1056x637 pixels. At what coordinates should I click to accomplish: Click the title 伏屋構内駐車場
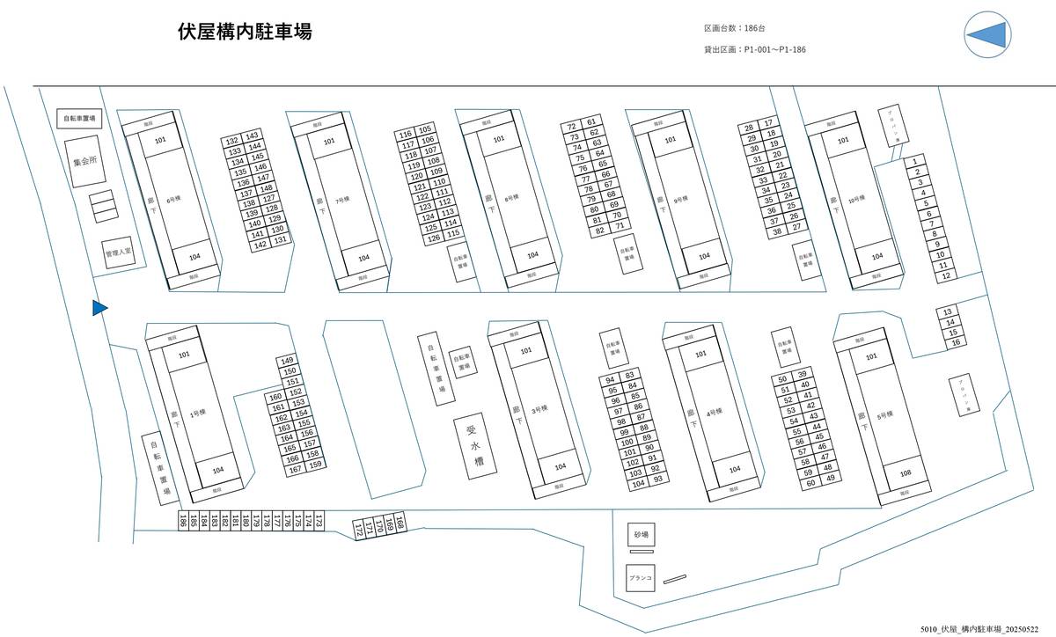[x=245, y=33]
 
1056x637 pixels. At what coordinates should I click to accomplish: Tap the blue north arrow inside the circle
[x=987, y=34]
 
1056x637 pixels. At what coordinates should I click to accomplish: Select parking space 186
[x=182, y=522]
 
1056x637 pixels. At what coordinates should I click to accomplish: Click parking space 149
[x=288, y=362]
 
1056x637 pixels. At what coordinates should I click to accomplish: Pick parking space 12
[x=945, y=276]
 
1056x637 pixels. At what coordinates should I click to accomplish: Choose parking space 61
[x=592, y=122]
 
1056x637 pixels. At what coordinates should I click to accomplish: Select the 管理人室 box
[x=118, y=253]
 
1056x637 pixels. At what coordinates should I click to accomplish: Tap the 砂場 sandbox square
[x=641, y=534]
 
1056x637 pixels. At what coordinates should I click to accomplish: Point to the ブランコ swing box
[x=640, y=578]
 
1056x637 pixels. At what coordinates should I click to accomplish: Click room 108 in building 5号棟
[x=906, y=474]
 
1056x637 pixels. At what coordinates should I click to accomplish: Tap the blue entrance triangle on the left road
[x=99, y=307]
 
